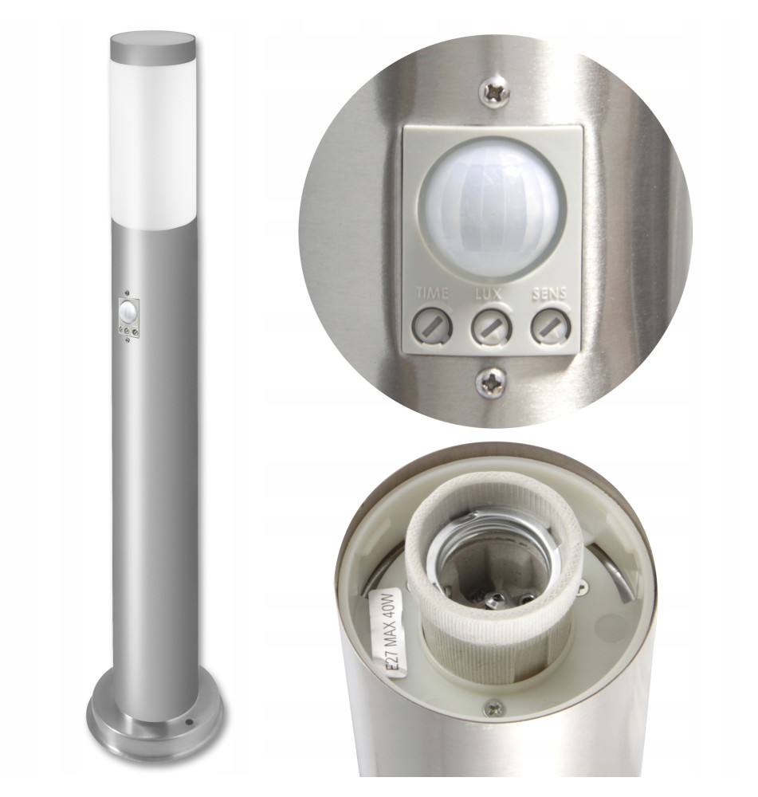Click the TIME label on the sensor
pos(432,292)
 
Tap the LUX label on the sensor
pos(488,293)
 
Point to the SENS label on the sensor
pos(549,294)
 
